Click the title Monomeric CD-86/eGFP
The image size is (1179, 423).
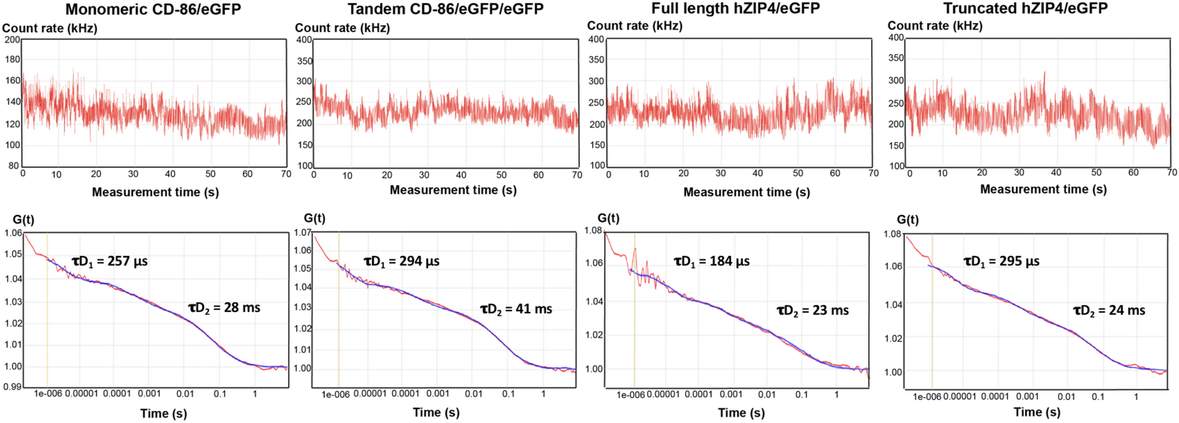pos(153,9)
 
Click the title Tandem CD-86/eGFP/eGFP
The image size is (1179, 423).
pos(445,9)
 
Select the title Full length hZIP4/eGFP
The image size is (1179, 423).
pos(735,8)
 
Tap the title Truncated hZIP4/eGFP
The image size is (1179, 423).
pos(1025,8)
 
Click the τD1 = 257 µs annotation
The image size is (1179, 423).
pos(110,261)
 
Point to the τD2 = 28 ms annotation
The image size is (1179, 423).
pos(224,308)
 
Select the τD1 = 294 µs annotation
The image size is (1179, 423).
pos(401,261)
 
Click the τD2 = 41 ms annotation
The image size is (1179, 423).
pos(516,309)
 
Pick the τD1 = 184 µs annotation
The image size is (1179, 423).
pos(711,261)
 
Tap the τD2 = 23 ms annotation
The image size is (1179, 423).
pos(813,311)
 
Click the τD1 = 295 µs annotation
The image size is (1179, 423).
pos(1002,261)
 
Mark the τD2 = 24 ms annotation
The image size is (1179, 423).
pos(1109,311)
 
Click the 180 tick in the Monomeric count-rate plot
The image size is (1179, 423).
pos(12,59)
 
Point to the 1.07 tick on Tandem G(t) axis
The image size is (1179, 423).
pos(303,233)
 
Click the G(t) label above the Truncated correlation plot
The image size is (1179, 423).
pos(907,220)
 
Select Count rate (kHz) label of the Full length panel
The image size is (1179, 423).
pos(635,26)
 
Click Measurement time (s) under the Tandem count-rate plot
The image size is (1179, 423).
pos(453,190)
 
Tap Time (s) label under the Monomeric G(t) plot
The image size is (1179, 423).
pos(163,413)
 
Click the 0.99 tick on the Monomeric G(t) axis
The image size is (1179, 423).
pos(13,387)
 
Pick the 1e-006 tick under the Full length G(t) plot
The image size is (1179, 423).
pos(631,395)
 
